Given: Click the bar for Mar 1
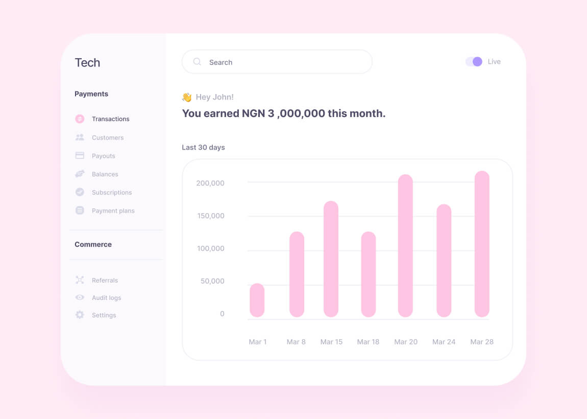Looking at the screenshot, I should coord(257,300).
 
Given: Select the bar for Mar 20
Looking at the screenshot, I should coord(405,246).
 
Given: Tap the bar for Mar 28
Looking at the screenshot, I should coord(482,244).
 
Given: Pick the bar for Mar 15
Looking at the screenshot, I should coord(331,259).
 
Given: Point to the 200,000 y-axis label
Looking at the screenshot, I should coord(210,183).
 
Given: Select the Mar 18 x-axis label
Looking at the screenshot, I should coord(368,342).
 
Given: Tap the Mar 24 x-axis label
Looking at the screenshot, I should coord(444,342).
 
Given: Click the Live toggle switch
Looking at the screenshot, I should coord(474,62).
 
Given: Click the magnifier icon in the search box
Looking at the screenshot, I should coord(197,62).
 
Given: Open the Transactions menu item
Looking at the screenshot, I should coord(110,119).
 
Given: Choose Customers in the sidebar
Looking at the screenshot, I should coord(107,137).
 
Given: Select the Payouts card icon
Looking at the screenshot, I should coord(80,155).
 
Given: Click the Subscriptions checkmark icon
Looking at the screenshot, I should coord(80,192).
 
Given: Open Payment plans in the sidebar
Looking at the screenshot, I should coord(113,211).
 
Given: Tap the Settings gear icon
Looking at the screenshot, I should coord(80,315).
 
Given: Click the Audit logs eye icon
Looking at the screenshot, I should coord(80,297).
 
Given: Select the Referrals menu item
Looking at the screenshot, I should coord(105,280).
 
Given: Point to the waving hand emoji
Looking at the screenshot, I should coord(187,97).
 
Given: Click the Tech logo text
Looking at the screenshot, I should coord(87,63).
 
